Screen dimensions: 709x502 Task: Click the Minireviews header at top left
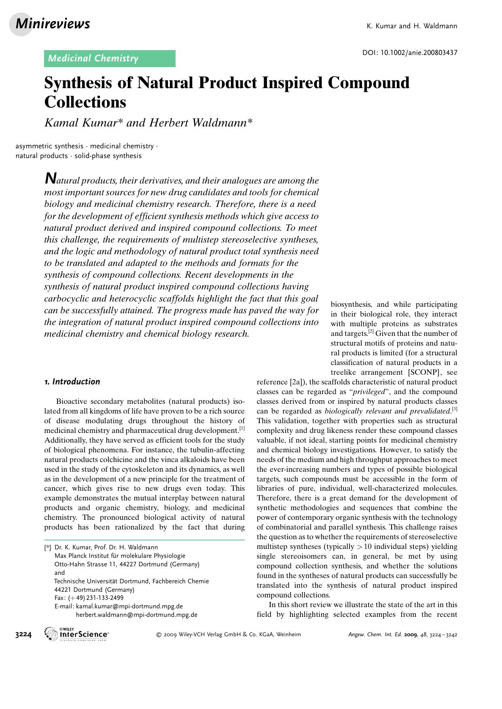(53, 24)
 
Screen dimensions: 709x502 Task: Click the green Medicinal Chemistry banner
(109, 59)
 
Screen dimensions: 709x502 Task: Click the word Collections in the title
(85, 102)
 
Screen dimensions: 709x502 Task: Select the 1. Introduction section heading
(72, 382)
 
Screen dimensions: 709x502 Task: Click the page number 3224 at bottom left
(23, 635)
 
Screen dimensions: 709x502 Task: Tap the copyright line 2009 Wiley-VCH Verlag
(229, 635)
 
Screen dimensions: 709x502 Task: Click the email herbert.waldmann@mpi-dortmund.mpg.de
(137, 615)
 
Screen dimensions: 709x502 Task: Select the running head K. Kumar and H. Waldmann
(411, 26)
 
